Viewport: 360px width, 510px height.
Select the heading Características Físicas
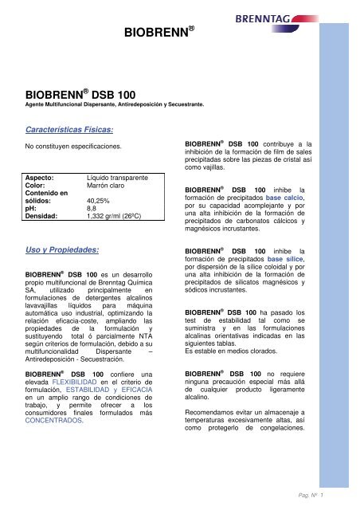(69, 128)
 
